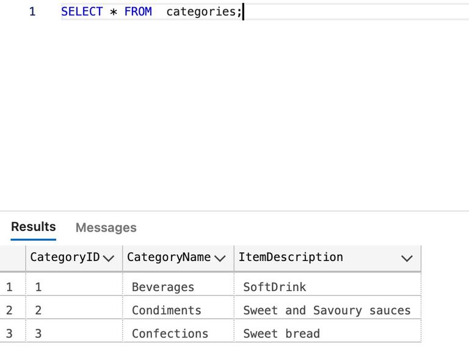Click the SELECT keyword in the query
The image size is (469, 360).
click(x=82, y=12)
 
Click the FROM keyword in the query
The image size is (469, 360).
click(x=138, y=12)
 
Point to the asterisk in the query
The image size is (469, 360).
click(x=114, y=12)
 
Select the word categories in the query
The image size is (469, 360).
click(x=202, y=12)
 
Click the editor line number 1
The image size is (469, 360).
click(x=32, y=12)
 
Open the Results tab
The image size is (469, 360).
click(x=34, y=227)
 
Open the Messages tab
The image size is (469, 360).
click(x=106, y=228)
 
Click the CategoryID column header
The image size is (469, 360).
click(x=65, y=257)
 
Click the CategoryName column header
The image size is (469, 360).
click(x=169, y=257)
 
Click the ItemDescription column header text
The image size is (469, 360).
click(x=291, y=257)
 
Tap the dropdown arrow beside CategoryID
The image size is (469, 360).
click(x=108, y=259)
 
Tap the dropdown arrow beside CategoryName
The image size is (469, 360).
click(x=220, y=259)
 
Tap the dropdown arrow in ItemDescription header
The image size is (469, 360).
click(x=407, y=259)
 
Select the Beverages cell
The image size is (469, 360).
click(x=163, y=287)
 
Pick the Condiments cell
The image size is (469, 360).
click(x=167, y=310)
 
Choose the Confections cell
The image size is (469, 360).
click(x=170, y=334)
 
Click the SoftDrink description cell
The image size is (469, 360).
click(x=275, y=287)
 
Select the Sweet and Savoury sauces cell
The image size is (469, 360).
click(x=327, y=310)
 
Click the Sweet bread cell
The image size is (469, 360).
click(x=282, y=334)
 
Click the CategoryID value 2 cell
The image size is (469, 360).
click(x=38, y=310)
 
